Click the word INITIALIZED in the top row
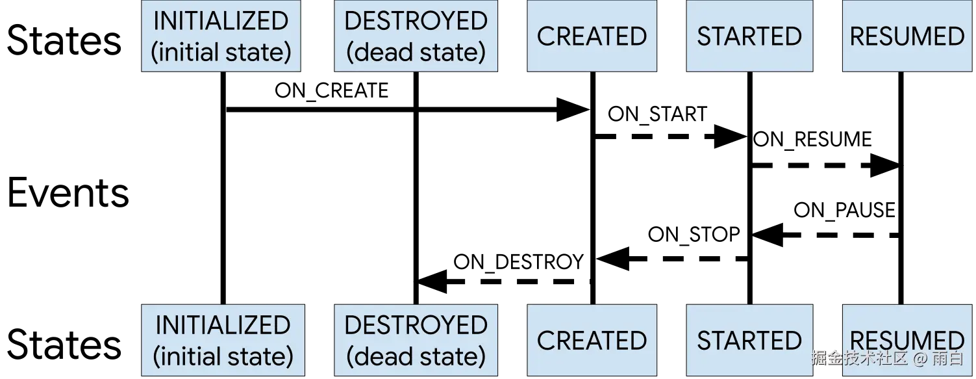(221, 21)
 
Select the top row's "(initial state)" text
(221, 52)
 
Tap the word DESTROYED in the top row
(416, 21)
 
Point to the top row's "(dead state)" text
(416, 52)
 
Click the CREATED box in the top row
(592, 36)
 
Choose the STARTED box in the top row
(749, 36)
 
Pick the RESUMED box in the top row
(907, 36)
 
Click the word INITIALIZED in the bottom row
(223, 325)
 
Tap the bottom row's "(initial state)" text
(223, 356)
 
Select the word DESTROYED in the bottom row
(416, 325)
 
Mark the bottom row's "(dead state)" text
(416, 356)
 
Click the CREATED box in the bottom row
(592, 340)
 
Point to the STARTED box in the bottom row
(749, 340)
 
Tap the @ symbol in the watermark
(920, 358)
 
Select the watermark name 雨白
(947, 358)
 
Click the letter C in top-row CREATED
(546, 36)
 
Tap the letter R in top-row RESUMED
(858, 36)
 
